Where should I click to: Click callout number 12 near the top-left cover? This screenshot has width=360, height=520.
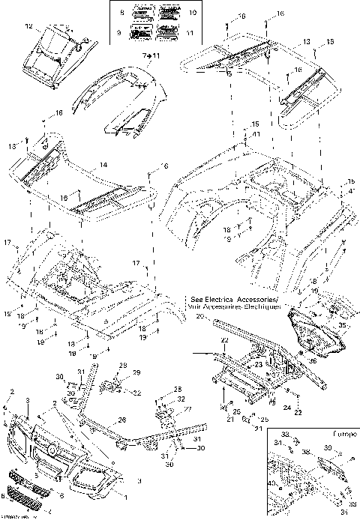pos(29,27)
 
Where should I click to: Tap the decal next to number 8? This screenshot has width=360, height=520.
pos(142,14)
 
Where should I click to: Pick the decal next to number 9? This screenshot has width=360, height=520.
pos(142,34)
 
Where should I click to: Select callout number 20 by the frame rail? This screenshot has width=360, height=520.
pos(199,317)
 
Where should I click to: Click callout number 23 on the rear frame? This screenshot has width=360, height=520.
pos(257,366)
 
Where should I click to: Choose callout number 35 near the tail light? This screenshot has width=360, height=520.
pos(341,326)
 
